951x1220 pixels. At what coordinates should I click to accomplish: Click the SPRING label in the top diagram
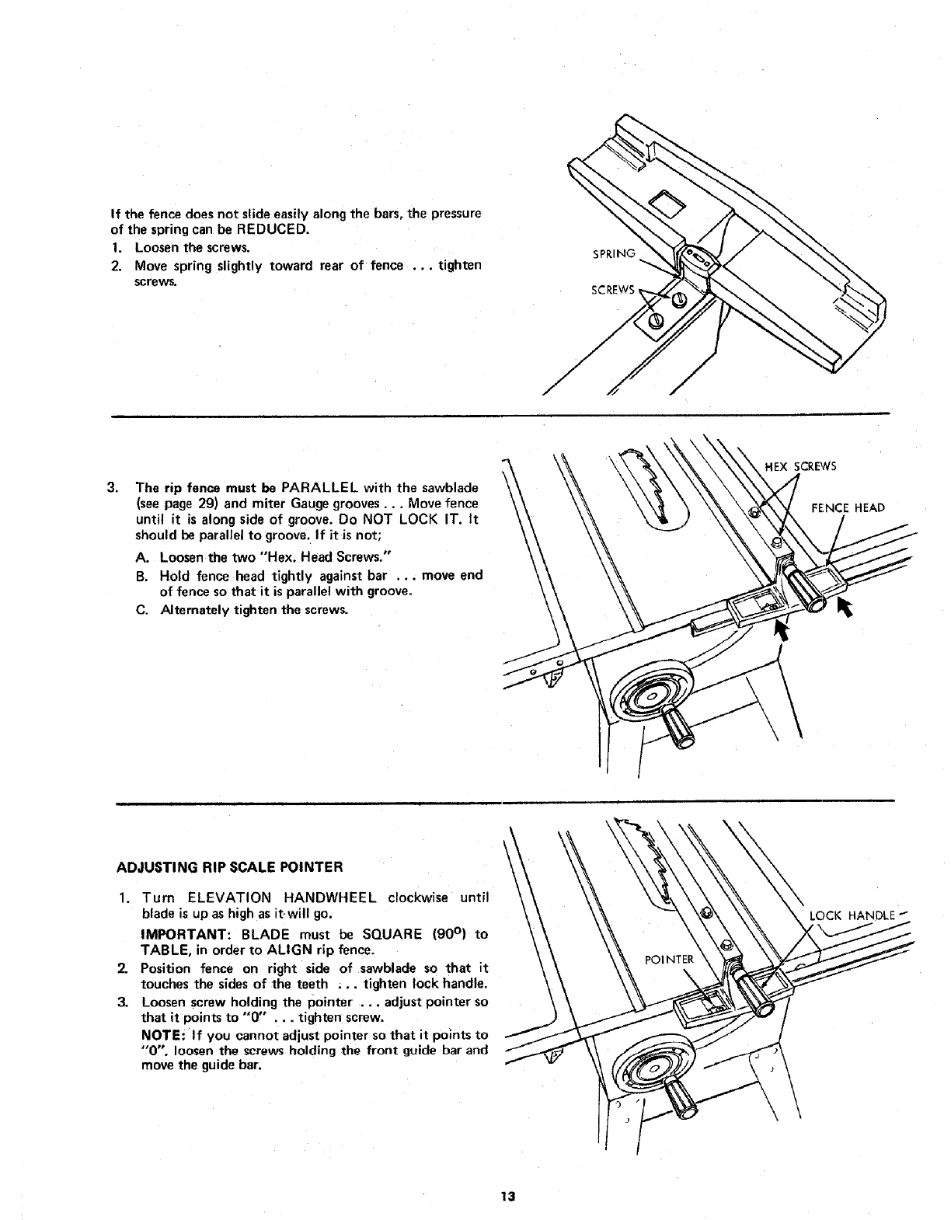click(x=614, y=253)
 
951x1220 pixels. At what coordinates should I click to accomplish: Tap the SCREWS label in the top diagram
click(x=613, y=291)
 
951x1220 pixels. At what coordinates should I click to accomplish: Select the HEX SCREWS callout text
click(x=801, y=467)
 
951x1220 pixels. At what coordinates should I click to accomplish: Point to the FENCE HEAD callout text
click(x=848, y=508)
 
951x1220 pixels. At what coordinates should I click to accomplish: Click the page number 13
click(x=508, y=1197)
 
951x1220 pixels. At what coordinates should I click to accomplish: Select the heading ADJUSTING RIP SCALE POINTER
click(x=229, y=866)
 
